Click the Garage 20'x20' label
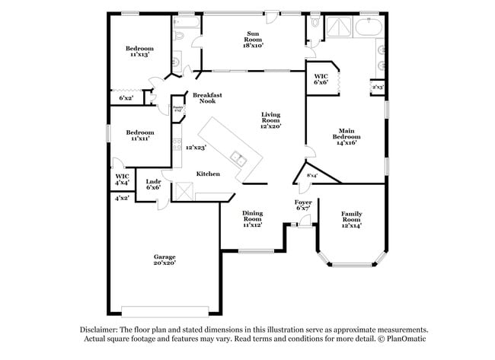click(x=164, y=260)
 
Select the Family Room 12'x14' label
click(x=351, y=219)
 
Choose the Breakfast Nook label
click(x=206, y=98)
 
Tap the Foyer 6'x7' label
click(x=303, y=205)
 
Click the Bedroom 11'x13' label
click(x=139, y=52)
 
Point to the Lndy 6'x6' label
click(x=153, y=184)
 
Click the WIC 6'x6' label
click(x=321, y=78)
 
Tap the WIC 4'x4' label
click(x=122, y=180)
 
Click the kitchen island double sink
click(x=239, y=160)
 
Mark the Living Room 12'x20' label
click(x=270, y=120)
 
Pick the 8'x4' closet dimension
click(x=312, y=176)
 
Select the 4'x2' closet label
click(x=121, y=198)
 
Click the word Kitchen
click(x=208, y=174)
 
